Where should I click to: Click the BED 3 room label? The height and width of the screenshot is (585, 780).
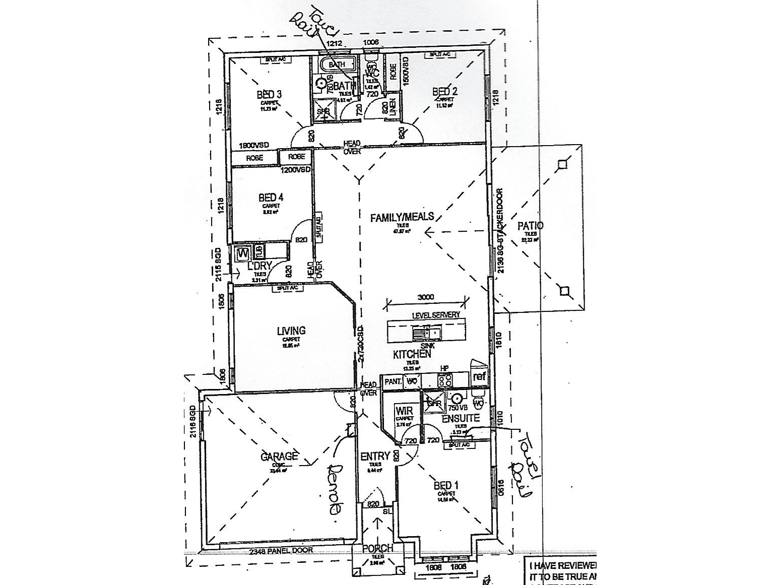click(x=269, y=94)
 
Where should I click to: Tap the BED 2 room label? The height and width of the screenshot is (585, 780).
click(x=445, y=92)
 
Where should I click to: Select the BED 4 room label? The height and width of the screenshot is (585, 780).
click(x=271, y=198)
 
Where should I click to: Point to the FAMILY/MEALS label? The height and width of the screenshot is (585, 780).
click(x=402, y=217)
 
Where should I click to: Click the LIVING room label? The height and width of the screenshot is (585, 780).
click(x=291, y=331)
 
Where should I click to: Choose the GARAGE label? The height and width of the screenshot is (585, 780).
click(x=279, y=457)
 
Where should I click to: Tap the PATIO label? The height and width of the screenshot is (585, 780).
click(x=531, y=226)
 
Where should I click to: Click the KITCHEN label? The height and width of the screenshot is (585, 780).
click(x=412, y=354)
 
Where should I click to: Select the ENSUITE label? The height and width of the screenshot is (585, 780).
click(x=461, y=418)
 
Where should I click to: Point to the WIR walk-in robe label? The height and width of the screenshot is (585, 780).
click(x=404, y=411)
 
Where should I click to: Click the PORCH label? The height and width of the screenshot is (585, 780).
click(x=378, y=549)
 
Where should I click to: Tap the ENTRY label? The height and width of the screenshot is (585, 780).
click(x=375, y=457)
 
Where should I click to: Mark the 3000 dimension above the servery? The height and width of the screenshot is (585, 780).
click(x=426, y=297)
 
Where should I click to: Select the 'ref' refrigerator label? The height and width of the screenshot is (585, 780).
click(x=480, y=376)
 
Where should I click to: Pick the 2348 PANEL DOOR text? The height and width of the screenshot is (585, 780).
click(x=281, y=550)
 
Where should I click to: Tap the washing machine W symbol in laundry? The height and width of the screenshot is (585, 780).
click(x=243, y=251)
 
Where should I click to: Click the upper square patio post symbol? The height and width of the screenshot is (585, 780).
click(x=563, y=164)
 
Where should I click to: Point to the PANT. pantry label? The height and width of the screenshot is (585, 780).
click(x=392, y=381)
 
